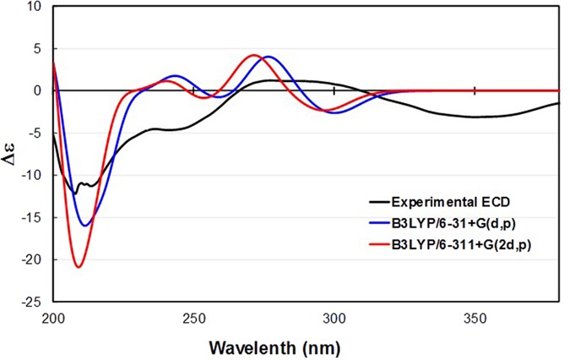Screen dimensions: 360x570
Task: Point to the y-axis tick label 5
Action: (x=37, y=48)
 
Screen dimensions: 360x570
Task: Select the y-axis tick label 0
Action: (x=37, y=90)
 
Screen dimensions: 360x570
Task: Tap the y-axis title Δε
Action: (x=12, y=154)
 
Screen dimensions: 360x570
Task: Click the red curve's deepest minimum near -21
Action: (x=79, y=267)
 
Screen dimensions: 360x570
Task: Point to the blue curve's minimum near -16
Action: (x=86, y=226)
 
